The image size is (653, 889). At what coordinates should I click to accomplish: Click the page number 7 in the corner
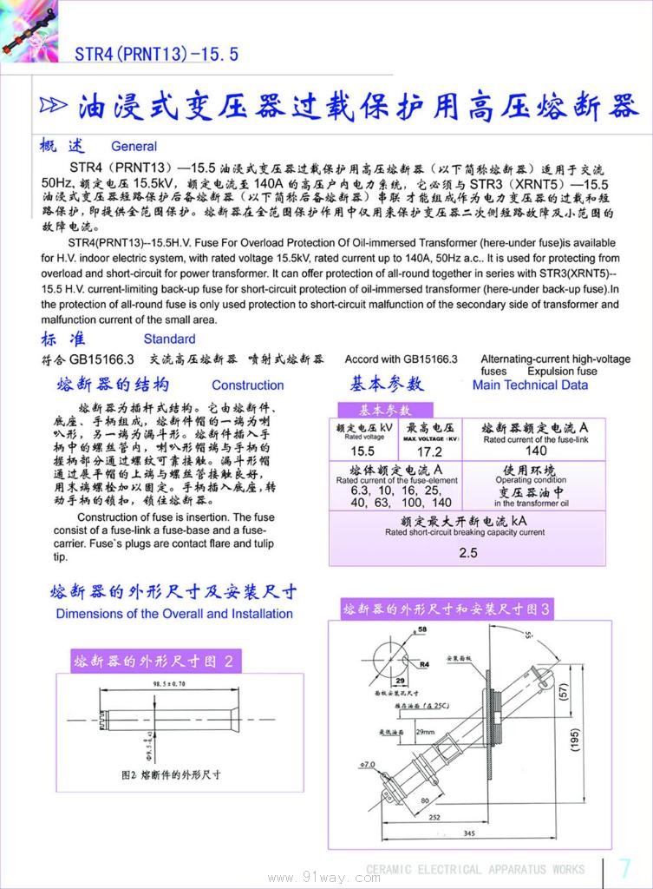(x=625, y=867)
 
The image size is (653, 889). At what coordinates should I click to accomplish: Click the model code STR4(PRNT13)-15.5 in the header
(x=156, y=55)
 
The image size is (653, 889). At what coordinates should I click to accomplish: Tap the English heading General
(x=134, y=147)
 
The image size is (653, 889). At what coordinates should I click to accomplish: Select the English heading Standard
(x=169, y=339)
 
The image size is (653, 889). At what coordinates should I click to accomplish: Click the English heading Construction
(x=247, y=385)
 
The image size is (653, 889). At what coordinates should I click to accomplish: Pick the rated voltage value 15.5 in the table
(x=362, y=451)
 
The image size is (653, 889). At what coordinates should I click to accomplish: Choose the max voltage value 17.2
(x=429, y=451)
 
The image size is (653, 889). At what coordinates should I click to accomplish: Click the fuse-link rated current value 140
(x=536, y=451)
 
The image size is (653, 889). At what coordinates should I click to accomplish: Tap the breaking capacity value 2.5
(x=468, y=552)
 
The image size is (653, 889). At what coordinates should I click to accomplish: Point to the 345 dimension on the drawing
(x=468, y=834)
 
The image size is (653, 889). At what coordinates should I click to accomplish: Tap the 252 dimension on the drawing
(x=434, y=817)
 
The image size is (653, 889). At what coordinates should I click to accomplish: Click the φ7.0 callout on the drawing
(x=367, y=765)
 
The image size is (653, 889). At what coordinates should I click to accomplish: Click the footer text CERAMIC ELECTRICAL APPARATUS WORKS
(x=475, y=869)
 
